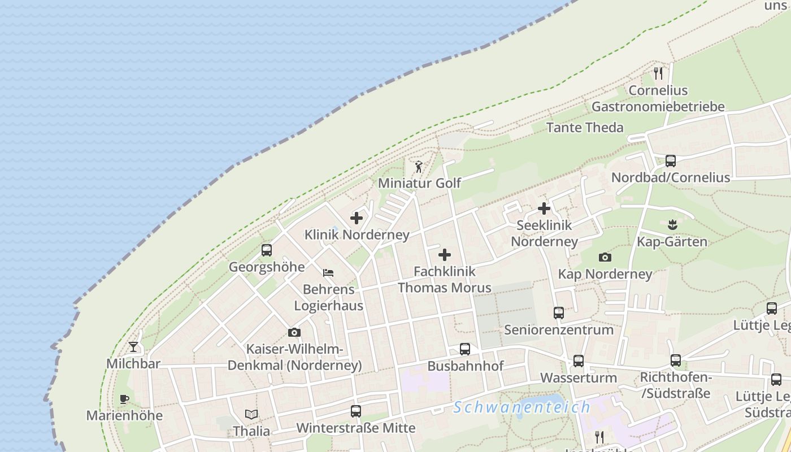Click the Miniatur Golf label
click(x=419, y=183)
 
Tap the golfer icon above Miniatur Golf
click(x=419, y=167)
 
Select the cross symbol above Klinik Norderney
click(x=357, y=218)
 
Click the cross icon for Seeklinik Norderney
click(x=544, y=208)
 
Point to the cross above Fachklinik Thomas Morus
click(x=445, y=255)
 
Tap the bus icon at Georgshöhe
click(x=267, y=250)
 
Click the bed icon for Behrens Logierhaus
click(x=328, y=273)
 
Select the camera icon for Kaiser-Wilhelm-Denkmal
click(x=294, y=332)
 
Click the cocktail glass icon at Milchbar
click(x=133, y=347)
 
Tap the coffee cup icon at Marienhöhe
click(x=124, y=399)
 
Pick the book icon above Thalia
click(x=251, y=415)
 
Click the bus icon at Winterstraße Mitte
click(x=355, y=411)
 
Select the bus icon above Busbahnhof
click(x=465, y=349)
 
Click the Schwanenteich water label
click(x=522, y=407)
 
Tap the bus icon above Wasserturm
click(x=578, y=361)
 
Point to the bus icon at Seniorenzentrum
click(x=559, y=313)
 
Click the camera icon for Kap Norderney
click(x=605, y=258)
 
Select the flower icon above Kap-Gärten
click(x=672, y=225)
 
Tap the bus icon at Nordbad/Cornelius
click(x=671, y=161)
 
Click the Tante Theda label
click(x=585, y=128)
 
